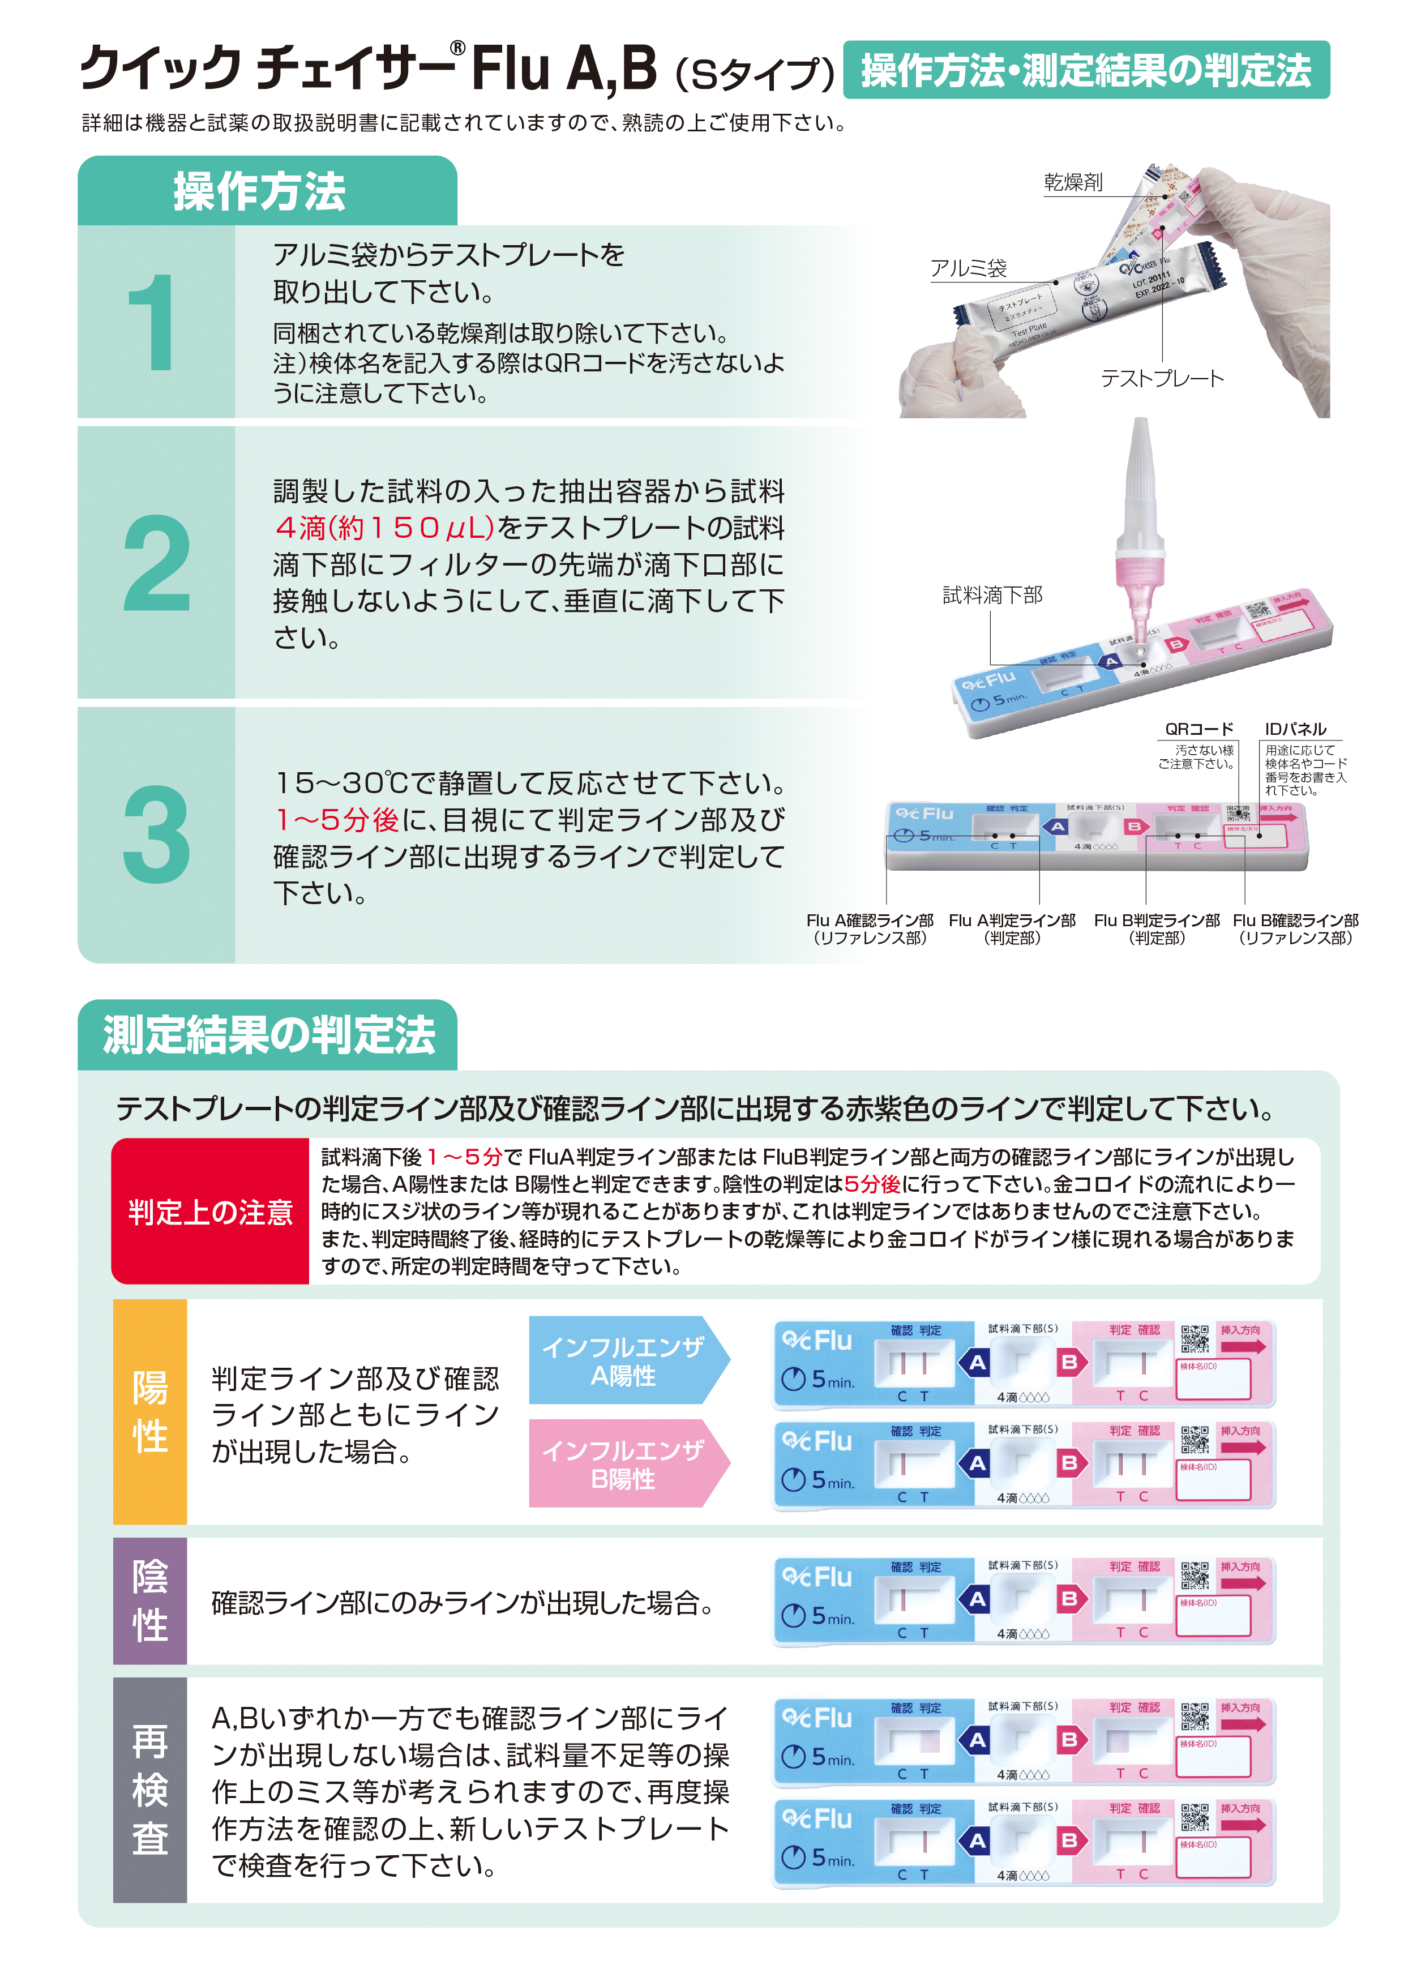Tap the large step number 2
point(156,563)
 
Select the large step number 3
point(156,834)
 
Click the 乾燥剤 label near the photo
point(1073,182)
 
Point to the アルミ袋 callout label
point(968,269)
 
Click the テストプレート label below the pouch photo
point(1162,379)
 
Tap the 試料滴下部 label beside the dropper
point(992,595)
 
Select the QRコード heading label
point(1199,729)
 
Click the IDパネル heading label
point(1295,729)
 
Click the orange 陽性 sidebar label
point(149,1411)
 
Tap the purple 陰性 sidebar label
point(149,1600)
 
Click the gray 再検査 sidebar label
point(149,1789)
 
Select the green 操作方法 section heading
point(259,192)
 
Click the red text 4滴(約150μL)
point(384,528)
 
